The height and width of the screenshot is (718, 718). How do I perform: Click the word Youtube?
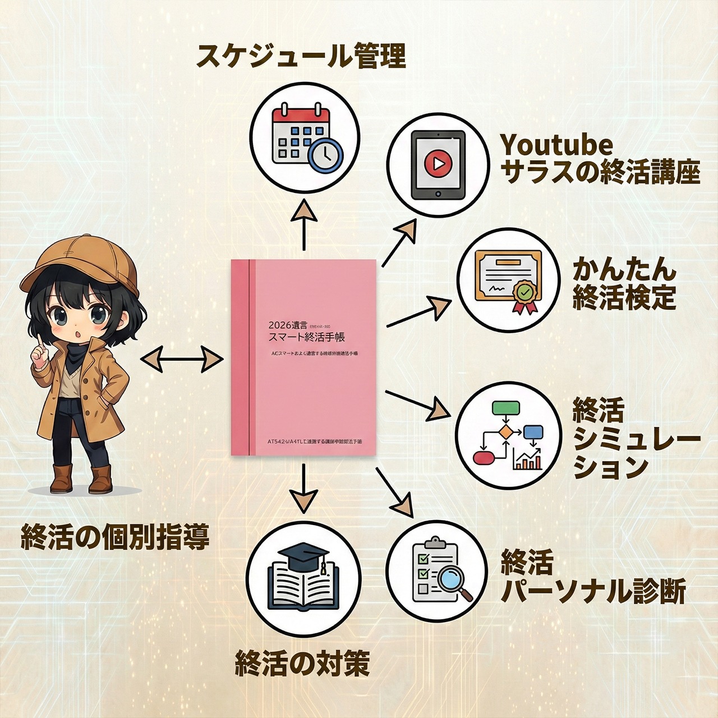pyautogui.click(x=556, y=145)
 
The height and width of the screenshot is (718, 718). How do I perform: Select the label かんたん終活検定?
pyautogui.click(x=624, y=284)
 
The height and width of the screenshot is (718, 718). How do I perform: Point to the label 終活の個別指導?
pyautogui.click(x=115, y=537)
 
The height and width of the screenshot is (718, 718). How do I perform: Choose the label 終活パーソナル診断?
pyautogui.click(x=593, y=578)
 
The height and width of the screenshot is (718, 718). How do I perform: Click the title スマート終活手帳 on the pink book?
pyautogui.click(x=307, y=337)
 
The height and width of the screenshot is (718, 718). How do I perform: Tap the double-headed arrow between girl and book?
pyautogui.click(x=181, y=358)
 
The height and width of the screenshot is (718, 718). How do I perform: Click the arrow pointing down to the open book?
pyautogui.click(x=303, y=488)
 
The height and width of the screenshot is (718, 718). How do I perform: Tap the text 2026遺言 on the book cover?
pyautogui.click(x=287, y=325)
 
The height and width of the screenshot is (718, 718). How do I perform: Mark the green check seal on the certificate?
pyautogui.click(x=524, y=292)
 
